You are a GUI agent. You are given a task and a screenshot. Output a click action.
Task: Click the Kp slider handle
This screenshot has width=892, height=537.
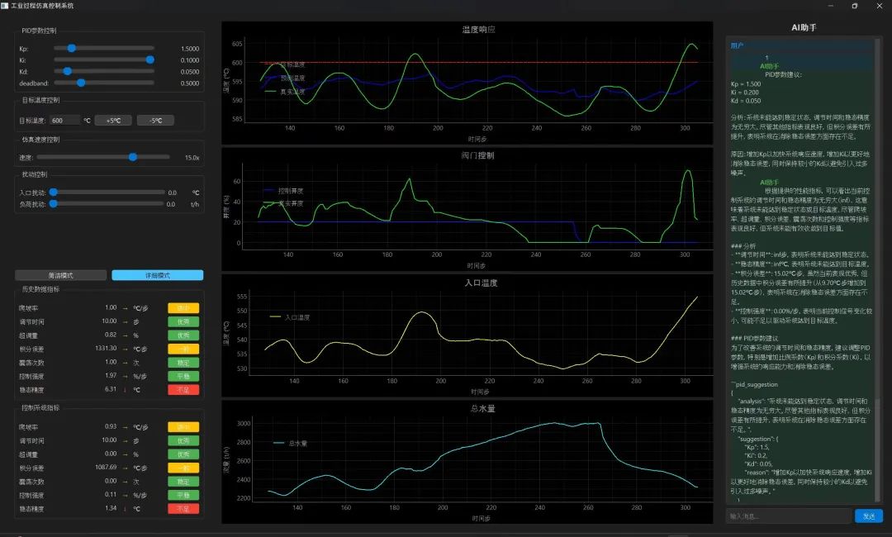pyautogui.click(x=72, y=48)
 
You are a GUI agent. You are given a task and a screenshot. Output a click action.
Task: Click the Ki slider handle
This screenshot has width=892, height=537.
pyautogui.click(x=149, y=59)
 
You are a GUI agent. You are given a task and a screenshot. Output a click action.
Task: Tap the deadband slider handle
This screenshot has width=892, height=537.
pyautogui.click(x=81, y=83)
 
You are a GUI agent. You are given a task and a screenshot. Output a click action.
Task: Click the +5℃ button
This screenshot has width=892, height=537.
pyautogui.click(x=113, y=120)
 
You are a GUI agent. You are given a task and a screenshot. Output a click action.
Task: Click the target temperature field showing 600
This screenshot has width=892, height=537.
pyautogui.click(x=64, y=120)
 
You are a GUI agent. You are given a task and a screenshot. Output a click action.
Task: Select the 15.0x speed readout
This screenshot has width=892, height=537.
pyautogui.click(x=192, y=157)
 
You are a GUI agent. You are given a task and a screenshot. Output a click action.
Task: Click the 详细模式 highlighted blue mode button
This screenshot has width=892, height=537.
pyautogui.click(x=157, y=275)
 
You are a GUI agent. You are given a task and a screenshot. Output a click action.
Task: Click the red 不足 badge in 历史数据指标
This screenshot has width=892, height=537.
pyautogui.click(x=183, y=389)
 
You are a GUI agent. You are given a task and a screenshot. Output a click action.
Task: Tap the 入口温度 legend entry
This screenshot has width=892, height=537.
pyautogui.click(x=297, y=316)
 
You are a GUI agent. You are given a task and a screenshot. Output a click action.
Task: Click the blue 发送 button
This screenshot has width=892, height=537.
pyautogui.click(x=868, y=516)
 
